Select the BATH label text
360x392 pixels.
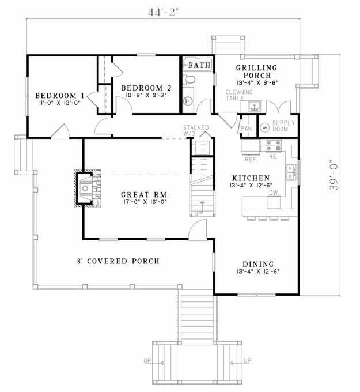pyautogui.click(x=200, y=66)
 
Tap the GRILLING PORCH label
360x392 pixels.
pyautogui.click(x=256, y=71)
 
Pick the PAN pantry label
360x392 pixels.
pyautogui.click(x=246, y=129)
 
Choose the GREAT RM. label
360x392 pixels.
pyautogui.click(x=148, y=194)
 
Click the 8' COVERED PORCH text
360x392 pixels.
pyautogui.click(x=118, y=261)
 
